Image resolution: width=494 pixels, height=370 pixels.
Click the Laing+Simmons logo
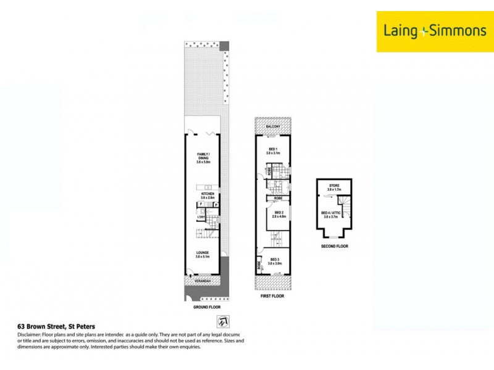coord(435,31)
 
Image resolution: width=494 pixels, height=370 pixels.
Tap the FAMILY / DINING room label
coord(204,157)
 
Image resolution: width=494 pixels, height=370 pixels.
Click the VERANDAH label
coord(203,281)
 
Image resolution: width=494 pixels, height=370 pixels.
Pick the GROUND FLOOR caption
coord(206,306)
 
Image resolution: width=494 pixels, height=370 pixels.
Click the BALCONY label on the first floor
coord(273,126)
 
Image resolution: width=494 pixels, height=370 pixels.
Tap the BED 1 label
coord(273,150)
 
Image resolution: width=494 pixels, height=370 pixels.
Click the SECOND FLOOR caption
coord(334,246)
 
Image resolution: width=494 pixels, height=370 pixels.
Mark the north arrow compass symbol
coord(221,321)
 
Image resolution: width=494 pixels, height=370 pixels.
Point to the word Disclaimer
coord(30,334)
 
